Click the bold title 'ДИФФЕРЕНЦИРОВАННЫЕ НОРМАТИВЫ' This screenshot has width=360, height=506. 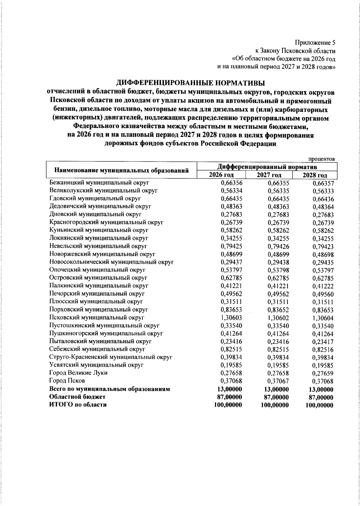tap(191, 83)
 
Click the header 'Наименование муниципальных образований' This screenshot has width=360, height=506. tap(121, 170)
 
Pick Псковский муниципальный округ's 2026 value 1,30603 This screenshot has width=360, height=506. tap(231, 318)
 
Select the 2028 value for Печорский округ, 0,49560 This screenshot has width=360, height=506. tap(323, 294)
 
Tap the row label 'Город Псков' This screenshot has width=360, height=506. tap(67, 381)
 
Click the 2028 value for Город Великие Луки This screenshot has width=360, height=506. tap(323, 374)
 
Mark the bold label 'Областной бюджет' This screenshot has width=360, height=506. tap(77, 397)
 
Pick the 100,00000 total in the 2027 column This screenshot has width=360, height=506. tap(275, 405)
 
